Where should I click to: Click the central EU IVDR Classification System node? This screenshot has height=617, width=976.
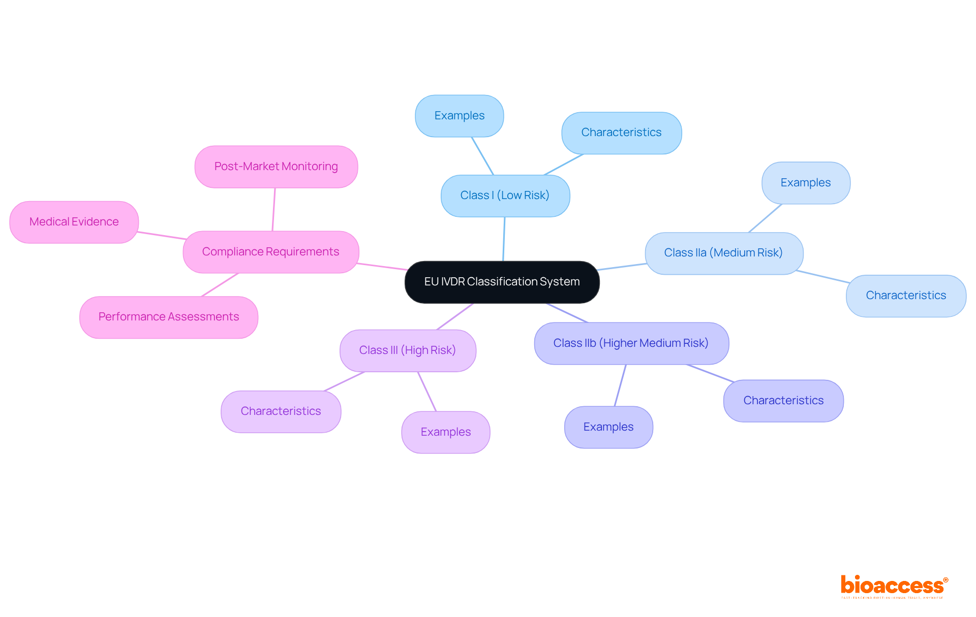pyautogui.click(x=502, y=282)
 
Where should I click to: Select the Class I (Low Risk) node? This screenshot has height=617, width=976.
pyautogui.click(x=505, y=196)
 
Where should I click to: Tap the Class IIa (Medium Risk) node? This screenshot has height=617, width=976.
pyautogui.click(x=723, y=253)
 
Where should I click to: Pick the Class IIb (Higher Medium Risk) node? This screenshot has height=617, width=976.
pyautogui.click(x=631, y=343)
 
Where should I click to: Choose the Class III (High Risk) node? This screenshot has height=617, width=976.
pyautogui.click(x=407, y=350)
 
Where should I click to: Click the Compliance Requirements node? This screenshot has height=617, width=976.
pyautogui.click(x=270, y=252)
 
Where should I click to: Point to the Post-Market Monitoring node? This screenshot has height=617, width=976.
pyautogui.click(x=276, y=167)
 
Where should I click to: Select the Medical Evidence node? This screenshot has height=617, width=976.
pyautogui.click(x=74, y=222)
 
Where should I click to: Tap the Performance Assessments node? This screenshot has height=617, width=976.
pyautogui.click(x=168, y=317)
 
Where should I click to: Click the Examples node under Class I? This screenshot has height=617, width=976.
pyautogui.click(x=459, y=116)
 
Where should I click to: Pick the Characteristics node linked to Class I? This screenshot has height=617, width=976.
pyautogui.click(x=621, y=133)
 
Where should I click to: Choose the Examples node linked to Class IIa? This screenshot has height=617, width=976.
pyautogui.click(x=805, y=183)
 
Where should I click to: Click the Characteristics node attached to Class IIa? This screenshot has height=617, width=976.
pyautogui.click(x=905, y=296)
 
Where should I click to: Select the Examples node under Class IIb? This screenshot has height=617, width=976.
pyautogui.click(x=608, y=427)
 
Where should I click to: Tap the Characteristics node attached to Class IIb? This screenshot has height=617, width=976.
pyautogui.click(x=783, y=401)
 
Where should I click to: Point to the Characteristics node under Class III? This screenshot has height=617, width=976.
pyautogui.click(x=281, y=411)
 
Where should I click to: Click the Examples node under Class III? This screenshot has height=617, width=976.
pyautogui.click(x=445, y=432)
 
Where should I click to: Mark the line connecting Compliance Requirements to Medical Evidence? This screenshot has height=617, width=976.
pyautogui.click(x=161, y=236)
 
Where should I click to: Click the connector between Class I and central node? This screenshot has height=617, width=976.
pyautogui.click(x=504, y=239)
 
